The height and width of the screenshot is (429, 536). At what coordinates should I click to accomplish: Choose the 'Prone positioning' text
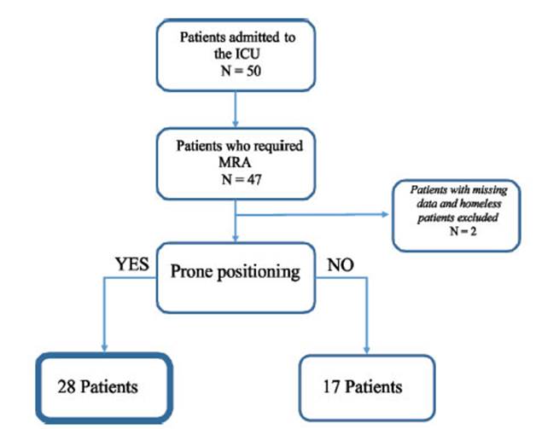coord(236,272)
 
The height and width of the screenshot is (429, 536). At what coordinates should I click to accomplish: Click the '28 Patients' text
coord(98,386)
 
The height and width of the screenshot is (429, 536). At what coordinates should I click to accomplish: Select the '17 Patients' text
coord(364,386)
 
